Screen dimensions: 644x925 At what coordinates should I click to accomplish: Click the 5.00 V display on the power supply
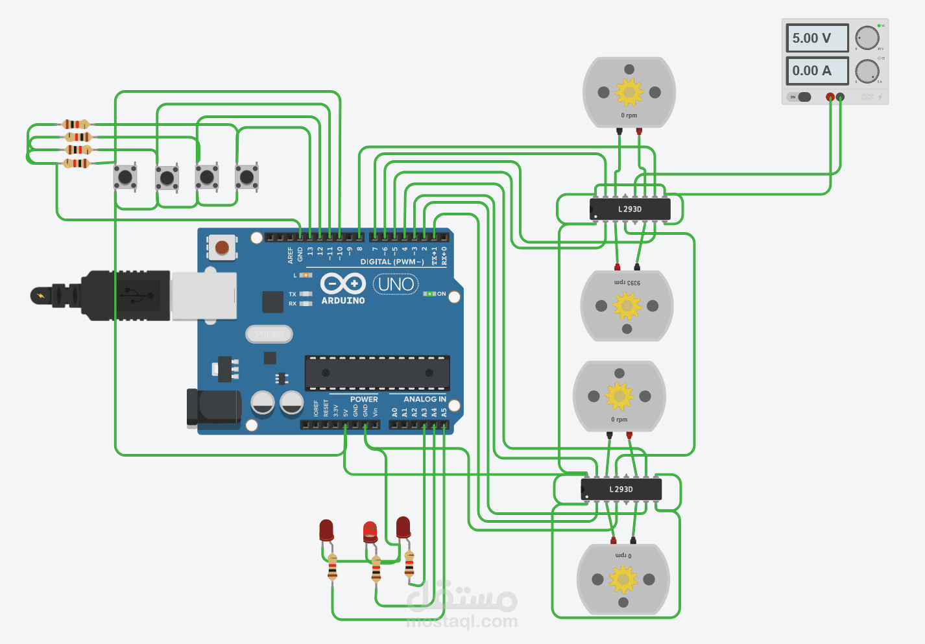point(817,38)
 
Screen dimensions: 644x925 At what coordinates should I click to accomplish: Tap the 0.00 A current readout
point(817,71)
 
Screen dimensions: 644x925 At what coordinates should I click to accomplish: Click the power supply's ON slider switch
point(802,97)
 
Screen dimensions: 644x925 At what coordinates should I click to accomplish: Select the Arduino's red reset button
point(222,247)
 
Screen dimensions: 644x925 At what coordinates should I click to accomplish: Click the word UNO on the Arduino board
point(396,284)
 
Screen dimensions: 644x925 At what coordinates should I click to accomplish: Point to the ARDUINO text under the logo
point(343,301)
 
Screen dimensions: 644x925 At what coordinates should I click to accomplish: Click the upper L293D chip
point(629,209)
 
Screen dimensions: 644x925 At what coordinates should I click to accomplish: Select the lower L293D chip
point(621,490)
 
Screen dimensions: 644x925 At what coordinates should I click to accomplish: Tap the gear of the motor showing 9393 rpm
point(627,306)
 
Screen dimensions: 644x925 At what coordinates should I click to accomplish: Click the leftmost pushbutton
point(125,176)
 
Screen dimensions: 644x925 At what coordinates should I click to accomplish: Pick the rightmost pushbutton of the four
point(247,176)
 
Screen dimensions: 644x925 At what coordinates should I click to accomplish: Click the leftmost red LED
point(326,530)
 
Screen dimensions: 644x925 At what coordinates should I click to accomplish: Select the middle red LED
point(370,531)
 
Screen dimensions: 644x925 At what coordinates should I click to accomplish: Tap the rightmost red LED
point(403,527)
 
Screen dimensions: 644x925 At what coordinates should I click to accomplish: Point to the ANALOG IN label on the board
point(425,400)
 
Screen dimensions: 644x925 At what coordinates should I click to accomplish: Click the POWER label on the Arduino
point(364,400)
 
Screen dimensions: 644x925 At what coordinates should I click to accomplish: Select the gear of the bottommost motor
point(623,579)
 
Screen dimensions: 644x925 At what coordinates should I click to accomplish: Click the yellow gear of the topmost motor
point(629,92)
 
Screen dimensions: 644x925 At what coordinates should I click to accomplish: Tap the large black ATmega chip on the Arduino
point(377,373)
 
